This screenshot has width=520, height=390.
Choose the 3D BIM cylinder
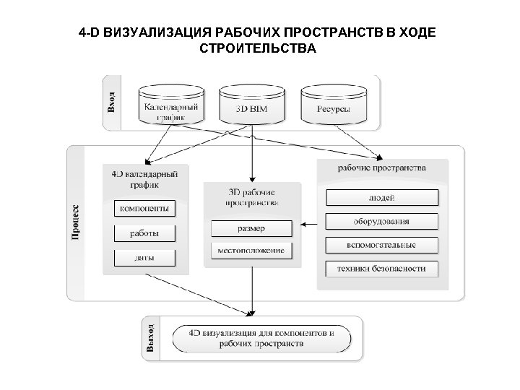click(x=251, y=106)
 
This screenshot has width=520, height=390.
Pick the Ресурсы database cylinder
click(x=333, y=106)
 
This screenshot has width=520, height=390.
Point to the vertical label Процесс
click(x=76, y=220)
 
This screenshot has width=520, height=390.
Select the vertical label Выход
click(x=149, y=339)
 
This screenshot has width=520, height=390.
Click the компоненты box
click(x=145, y=209)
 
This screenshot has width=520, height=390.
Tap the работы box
click(x=145, y=233)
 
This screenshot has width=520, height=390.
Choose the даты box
click(x=145, y=258)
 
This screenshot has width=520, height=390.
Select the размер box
click(x=251, y=228)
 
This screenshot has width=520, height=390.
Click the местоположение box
click(x=251, y=251)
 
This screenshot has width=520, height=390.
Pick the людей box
click(x=382, y=197)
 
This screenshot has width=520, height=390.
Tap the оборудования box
click(x=382, y=221)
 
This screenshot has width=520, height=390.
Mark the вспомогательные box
click(x=382, y=245)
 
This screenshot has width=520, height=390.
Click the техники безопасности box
click(x=382, y=269)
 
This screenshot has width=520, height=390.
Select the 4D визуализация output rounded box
click(x=261, y=339)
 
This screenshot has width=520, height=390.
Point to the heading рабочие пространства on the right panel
click(x=382, y=168)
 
